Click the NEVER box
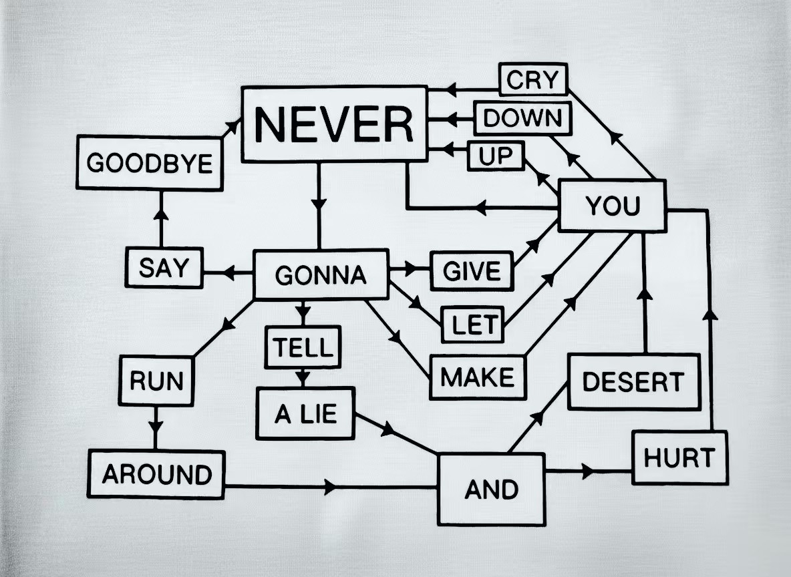(x=334, y=124)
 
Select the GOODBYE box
(x=149, y=163)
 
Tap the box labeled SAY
(x=164, y=268)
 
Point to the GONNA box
(x=321, y=274)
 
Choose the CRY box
(x=532, y=79)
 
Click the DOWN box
(x=522, y=118)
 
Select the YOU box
(x=612, y=206)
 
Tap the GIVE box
(x=472, y=271)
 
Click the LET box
(x=472, y=325)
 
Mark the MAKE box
(x=477, y=377)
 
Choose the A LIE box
(x=305, y=414)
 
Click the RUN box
(x=156, y=381)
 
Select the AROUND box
(x=156, y=474)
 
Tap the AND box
(x=491, y=490)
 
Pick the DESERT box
(x=633, y=382)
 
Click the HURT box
(x=679, y=458)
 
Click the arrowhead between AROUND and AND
(x=331, y=487)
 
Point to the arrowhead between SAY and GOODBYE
(x=160, y=215)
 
